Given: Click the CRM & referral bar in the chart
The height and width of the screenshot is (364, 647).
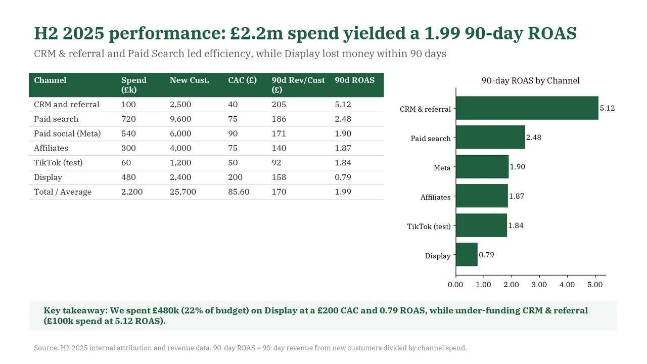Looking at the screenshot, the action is (527, 108).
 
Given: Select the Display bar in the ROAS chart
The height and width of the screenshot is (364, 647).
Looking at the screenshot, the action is (467, 254).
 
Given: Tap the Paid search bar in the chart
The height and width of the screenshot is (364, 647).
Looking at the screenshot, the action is (490, 137).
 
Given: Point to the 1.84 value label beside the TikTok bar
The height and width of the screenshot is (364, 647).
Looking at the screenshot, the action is (516, 225).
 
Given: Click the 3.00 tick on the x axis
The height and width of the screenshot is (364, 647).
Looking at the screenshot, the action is (539, 285).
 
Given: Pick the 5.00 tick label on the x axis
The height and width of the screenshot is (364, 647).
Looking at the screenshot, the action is (595, 285).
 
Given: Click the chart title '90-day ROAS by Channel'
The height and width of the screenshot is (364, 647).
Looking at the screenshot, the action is (530, 80).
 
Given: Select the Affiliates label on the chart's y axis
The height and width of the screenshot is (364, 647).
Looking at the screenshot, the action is (435, 197).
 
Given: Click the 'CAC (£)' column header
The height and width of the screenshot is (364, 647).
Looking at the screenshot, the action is (242, 80).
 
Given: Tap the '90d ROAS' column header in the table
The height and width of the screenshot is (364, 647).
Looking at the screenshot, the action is (355, 80).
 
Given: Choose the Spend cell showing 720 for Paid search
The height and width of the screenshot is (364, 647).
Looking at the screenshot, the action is (128, 119).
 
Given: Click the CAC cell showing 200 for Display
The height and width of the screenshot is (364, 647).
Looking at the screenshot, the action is (235, 177).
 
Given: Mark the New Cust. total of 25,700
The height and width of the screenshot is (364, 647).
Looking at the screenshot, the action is (183, 192).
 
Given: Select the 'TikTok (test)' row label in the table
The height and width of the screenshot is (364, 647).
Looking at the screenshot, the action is (58, 163).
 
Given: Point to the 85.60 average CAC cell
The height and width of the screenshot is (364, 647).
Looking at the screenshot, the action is (239, 192).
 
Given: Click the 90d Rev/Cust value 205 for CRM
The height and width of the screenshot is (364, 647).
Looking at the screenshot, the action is (279, 104).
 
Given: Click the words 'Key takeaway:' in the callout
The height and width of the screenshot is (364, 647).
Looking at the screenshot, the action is (76, 311).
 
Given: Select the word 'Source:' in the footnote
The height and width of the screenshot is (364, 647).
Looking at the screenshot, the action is (46, 348).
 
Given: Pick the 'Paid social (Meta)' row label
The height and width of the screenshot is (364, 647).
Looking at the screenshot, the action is (67, 133).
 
